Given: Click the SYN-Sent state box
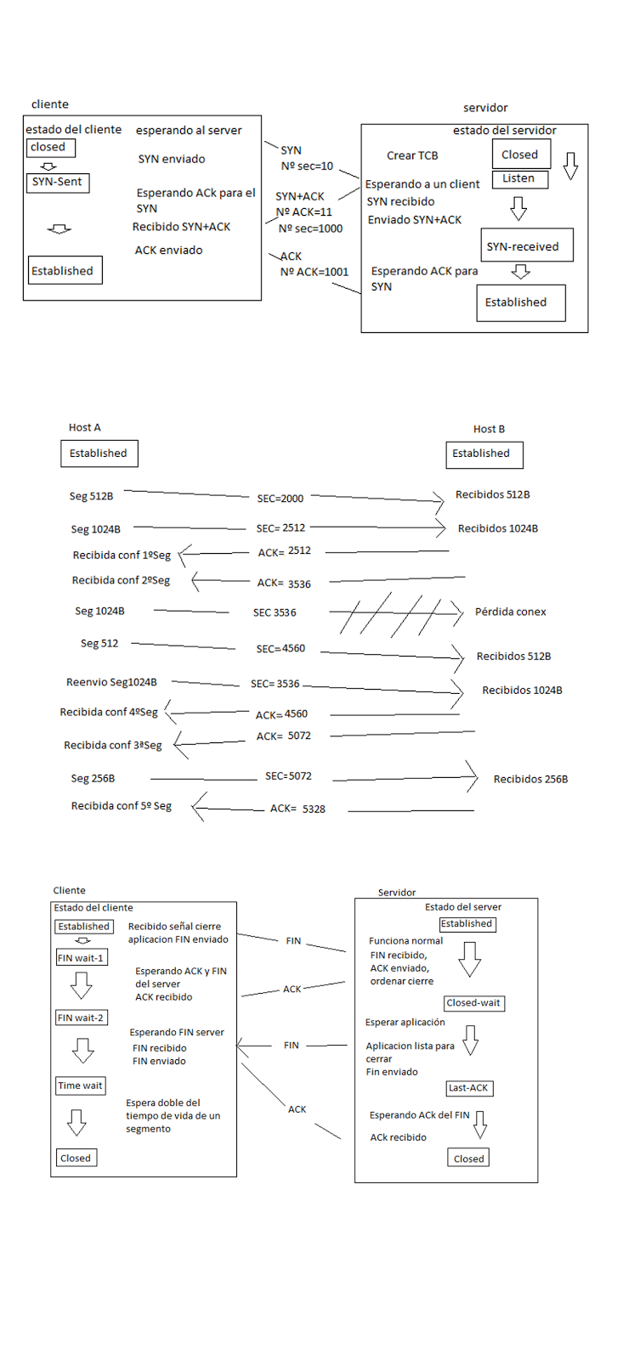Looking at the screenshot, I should coord(58,183).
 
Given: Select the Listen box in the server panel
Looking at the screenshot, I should coord(519,179).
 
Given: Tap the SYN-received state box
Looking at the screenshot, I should coord(526,245).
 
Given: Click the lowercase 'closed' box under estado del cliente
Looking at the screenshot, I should coord(50,148).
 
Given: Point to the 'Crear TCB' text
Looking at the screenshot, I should coord(412,155).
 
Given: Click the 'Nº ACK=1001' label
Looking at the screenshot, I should coord(314,272).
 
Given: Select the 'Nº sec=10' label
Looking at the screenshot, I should coord(307,166).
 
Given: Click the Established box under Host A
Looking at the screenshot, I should coord(99,454).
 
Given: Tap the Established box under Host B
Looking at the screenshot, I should coord(484,454).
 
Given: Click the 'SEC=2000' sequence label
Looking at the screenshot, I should coord(280,499).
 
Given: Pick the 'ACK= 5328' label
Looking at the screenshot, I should coord(297,809).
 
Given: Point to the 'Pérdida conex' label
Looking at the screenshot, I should coord(510,612).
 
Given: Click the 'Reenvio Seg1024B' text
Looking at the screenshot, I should coord(111,682).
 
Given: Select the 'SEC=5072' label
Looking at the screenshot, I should coord(288,775).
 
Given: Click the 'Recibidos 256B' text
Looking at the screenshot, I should coord(530,779).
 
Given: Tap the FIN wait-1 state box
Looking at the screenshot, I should coord(81,958).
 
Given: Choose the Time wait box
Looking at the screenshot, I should coord(80,1086).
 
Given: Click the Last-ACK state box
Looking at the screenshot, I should coord(468,1088).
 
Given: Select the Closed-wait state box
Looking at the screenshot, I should coord(473,1003).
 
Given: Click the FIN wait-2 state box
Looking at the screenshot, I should coord(81,1018).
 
